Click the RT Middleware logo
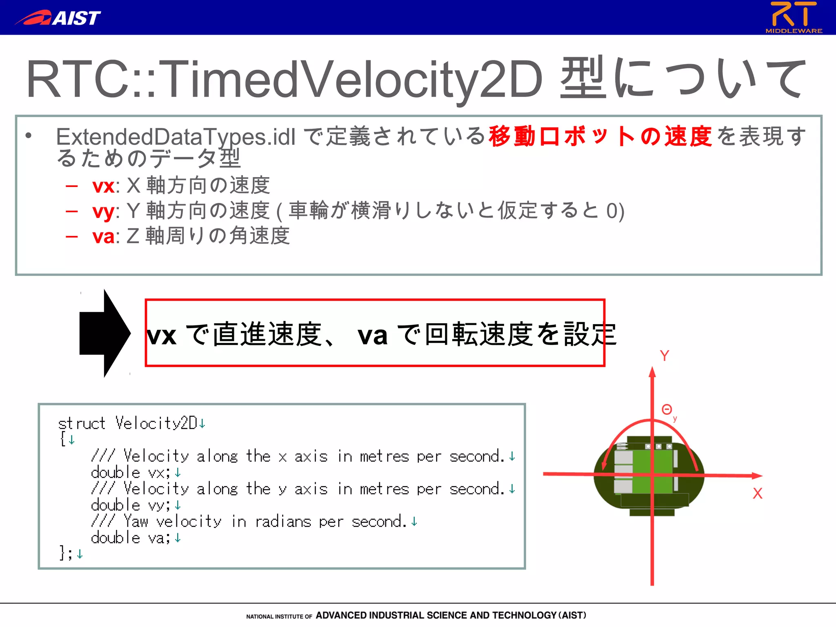pyautogui.click(x=794, y=17)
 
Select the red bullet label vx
pyautogui.click(x=103, y=186)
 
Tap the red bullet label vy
pyautogui.click(x=103, y=211)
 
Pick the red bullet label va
pyautogui.click(x=103, y=237)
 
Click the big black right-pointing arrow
pyautogui.click(x=105, y=333)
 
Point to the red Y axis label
pyautogui.click(x=665, y=356)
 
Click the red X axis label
pyautogui.click(x=758, y=494)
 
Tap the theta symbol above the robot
pyautogui.click(x=667, y=409)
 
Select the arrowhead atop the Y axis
pyautogui.click(x=652, y=372)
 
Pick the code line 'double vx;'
pyautogui.click(x=130, y=473)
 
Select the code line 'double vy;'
pyautogui.click(x=130, y=505)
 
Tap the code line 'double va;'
pyautogui.click(x=130, y=538)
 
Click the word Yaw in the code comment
pyautogui.click(x=136, y=522)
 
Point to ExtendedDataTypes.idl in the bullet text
pyautogui.click(x=176, y=137)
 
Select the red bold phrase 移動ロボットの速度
pyautogui.click(x=600, y=136)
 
